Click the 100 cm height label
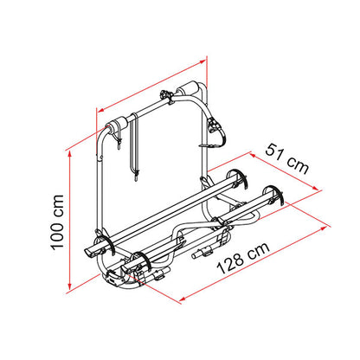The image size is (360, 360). pos(57,222)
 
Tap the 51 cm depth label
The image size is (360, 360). pos(287,159)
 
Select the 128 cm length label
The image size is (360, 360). pos(243,258)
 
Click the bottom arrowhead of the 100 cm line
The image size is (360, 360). pos(69,286)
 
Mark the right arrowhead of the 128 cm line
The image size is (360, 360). pos(324,228)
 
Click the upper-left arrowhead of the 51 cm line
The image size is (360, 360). pos(254,156)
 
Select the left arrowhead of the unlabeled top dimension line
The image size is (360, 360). pos(101,110)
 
